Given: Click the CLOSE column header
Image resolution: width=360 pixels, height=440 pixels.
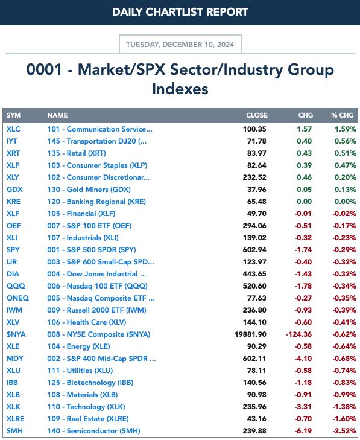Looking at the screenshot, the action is pyautogui.click(x=257, y=115).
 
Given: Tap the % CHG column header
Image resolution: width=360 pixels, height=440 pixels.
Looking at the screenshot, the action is pyautogui.click(x=343, y=115).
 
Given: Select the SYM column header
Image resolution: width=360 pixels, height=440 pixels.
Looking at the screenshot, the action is pyautogui.click(x=13, y=115).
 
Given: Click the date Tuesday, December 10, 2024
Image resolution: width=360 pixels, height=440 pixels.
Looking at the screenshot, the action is pyautogui.click(x=180, y=45).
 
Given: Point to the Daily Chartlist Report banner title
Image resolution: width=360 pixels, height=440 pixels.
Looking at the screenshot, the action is pyautogui.click(x=180, y=12).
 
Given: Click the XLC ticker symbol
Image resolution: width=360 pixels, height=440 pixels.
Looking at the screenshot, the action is pyautogui.click(x=13, y=129).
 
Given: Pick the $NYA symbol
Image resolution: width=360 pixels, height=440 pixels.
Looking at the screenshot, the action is pyautogui.click(x=16, y=334).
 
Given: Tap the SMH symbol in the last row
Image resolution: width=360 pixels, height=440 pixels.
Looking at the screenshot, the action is pyautogui.click(x=14, y=431).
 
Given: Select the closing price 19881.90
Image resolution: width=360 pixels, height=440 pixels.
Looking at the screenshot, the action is pyautogui.click(x=250, y=334).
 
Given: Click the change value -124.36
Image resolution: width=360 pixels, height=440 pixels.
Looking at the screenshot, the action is pyautogui.click(x=299, y=334).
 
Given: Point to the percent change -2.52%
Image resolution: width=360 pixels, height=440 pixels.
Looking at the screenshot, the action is pyautogui.click(x=344, y=431).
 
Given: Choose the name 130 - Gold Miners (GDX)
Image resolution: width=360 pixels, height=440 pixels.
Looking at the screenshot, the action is pyautogui.click(x=89, y=190).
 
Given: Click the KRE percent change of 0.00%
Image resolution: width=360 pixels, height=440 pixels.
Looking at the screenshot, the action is pyautogui.click(x=346, y=202).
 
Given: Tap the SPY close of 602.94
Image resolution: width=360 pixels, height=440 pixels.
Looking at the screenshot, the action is pyautogui.click(x=254, y=250).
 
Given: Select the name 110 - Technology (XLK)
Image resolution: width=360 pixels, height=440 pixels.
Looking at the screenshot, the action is pyautogui.click(x=86, y=407).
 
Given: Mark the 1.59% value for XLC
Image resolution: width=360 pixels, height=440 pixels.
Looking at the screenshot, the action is pyautogui.click(x=346, y=129).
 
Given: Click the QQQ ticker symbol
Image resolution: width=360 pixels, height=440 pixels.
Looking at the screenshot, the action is pyautogui.click(x=16, y=286).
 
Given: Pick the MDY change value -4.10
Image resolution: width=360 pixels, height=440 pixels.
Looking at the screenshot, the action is pyautogui.click(x=303, y=359).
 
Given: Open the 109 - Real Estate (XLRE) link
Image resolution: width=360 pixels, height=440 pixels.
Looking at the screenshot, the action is pyautogui.click(x=88, y=419).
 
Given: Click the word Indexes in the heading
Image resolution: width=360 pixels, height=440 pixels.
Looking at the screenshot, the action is pyautogui.click(x=180, y=89).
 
